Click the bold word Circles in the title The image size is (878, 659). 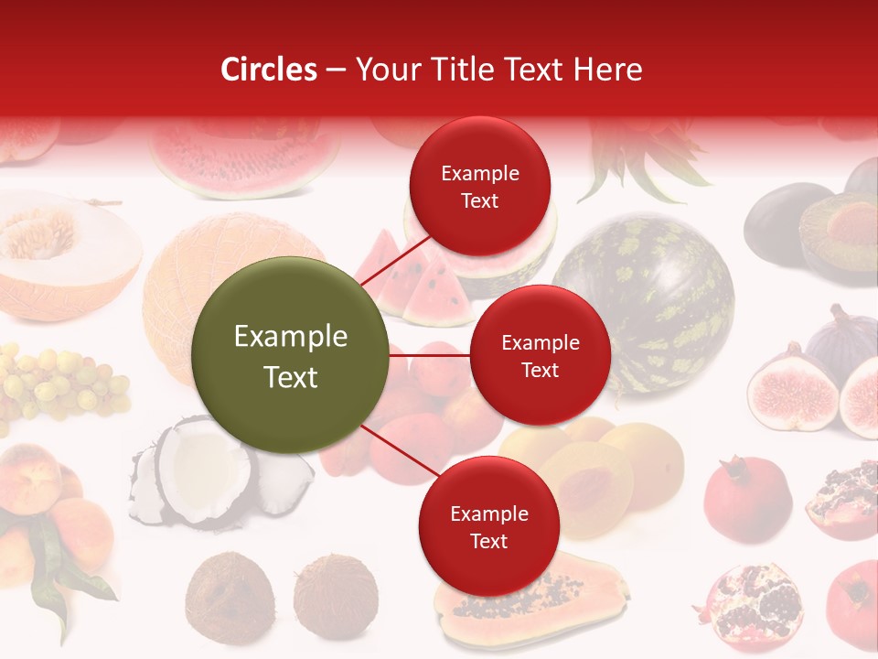(x=269, y=70)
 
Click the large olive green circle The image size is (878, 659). (x=291, y=355)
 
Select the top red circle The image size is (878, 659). (x=479, y=186)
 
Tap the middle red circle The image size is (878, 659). (x=540, y=355)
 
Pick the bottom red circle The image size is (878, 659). (x=488, y=526)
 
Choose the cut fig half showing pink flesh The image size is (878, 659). (x=792, y=389)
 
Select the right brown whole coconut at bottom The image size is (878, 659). (x=336, y=595)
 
